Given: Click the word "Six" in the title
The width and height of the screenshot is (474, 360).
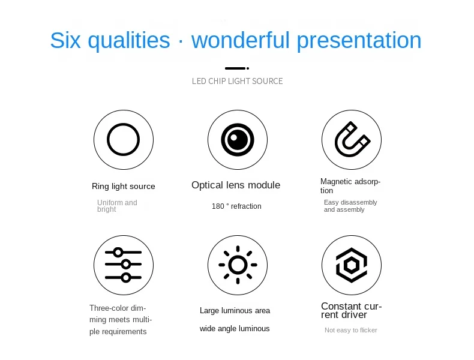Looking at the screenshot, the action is [x=65, y=40].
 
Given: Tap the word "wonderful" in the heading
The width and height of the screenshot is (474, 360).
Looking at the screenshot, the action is [x=241, y=40].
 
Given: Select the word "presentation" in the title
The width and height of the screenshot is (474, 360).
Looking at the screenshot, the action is [x=359, y=41].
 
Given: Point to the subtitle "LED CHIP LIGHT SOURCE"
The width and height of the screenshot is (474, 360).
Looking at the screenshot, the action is [x=238, y=81].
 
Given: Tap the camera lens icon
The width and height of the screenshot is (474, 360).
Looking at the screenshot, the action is [x=238, y=140].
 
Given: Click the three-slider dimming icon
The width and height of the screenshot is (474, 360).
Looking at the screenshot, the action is [x=123, y=265].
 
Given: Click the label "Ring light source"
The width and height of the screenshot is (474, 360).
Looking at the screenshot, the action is [x=124, y=186].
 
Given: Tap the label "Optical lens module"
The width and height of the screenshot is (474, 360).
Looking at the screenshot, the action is [x=236, y=185].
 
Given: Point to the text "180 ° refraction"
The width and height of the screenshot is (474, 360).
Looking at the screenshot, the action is [x=236, y=206].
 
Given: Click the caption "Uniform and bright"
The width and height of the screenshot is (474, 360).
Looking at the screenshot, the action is [x=117, y=206].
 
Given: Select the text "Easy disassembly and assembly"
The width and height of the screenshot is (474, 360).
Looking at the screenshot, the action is [x=350, y=206].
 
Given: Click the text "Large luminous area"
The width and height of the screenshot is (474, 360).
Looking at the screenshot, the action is [x=235, y=310].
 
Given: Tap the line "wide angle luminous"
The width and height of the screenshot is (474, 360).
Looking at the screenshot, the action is [x=235, y=329].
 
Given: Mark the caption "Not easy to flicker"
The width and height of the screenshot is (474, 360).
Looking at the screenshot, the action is [x=350, y=330].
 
